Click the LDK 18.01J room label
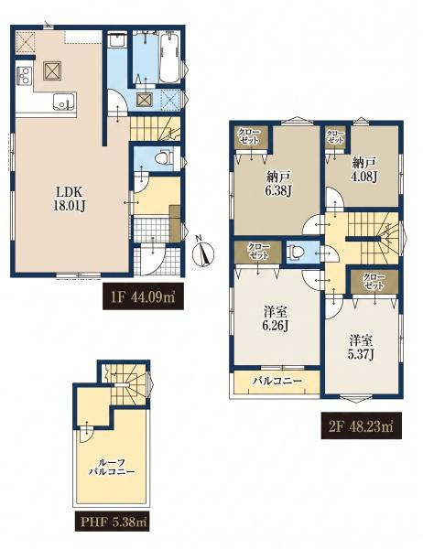pyautogui.click(x=70, y=199)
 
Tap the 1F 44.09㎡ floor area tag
pyautogui.click(x=143, y=296)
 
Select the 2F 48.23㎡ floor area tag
pyautogui.click(x=362, y=425)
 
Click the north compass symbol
pyautogui.click(x=203, y=253)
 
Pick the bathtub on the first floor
pyautogui.click(x=169, y=59)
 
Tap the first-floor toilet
pyautogui.click(x=164, y=158)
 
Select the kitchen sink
pyautogui.click(x=64, y=102)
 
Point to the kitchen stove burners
pyautogui.click(x=24, y=75)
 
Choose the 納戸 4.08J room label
pyautogui.click(x=364, y=169)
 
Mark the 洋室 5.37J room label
pyautogui.click(x=362, y=348)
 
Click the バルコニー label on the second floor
pyautogui.click(x=277, y=381)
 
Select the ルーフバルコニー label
pyautogui.click(x=111, y=467)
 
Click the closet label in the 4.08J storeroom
pyautogui.click(x=335, y=136)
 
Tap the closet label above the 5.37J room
pyautogui.click(x=374, y=281)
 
